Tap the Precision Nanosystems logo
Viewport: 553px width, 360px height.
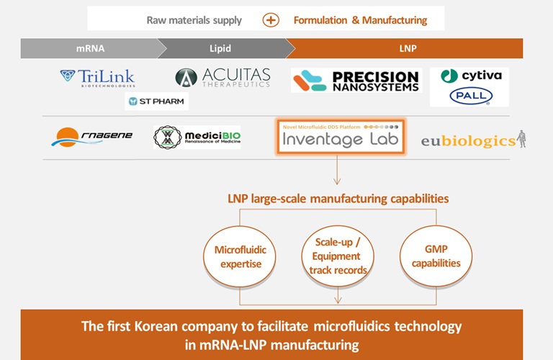(356, 81)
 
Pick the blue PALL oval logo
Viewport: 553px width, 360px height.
(469, 96)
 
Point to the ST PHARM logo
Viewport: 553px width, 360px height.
(156, 102)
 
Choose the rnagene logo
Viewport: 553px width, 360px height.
(92, 136)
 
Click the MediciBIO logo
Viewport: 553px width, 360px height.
(197, 137)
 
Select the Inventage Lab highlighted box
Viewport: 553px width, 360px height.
(341, 137)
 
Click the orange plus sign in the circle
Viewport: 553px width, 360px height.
(271, 20)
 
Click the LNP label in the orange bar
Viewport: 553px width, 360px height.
(408, 48)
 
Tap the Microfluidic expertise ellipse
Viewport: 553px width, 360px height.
(240, 256)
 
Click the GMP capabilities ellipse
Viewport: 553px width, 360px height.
(436, 256)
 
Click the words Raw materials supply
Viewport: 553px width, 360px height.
(194, 20)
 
